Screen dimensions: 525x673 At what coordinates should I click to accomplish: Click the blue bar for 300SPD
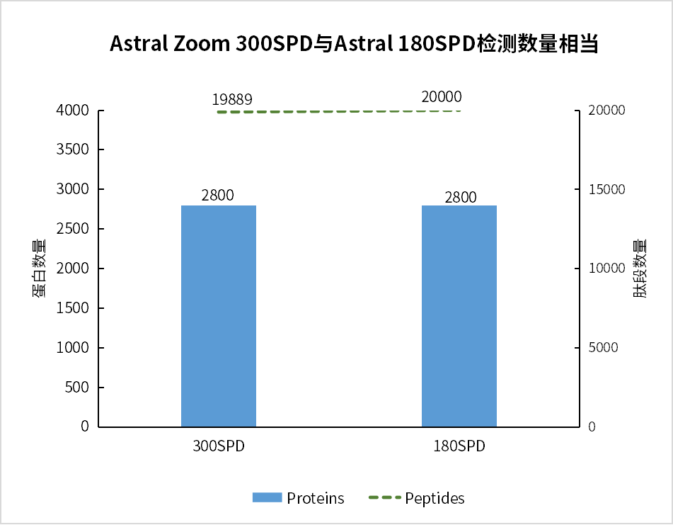point(218,316)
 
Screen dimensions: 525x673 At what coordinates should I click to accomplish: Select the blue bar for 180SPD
point(459,316)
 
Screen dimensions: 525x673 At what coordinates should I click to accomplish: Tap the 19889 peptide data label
point(232,99)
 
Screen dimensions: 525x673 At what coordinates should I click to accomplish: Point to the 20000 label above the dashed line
point(441,97)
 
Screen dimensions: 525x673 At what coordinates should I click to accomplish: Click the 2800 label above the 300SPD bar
point(217,196)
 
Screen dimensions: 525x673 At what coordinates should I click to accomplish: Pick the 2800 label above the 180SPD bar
point(461,197)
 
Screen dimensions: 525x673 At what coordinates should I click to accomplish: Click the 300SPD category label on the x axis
point(218,447)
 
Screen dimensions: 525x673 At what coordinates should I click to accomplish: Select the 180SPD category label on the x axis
point(460,447)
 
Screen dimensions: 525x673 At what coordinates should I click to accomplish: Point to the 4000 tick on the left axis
point(74,111)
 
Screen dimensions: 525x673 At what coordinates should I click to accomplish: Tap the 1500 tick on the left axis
point(74,308)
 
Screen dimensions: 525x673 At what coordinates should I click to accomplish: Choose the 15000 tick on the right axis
point(606,190)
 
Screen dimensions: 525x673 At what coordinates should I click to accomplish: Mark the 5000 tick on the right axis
point(603,348)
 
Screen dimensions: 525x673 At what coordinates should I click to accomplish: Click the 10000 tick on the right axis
point(606,269)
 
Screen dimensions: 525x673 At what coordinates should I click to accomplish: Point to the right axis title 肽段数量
point(639,269)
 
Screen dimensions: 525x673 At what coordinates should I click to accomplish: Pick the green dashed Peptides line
point(340,111)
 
